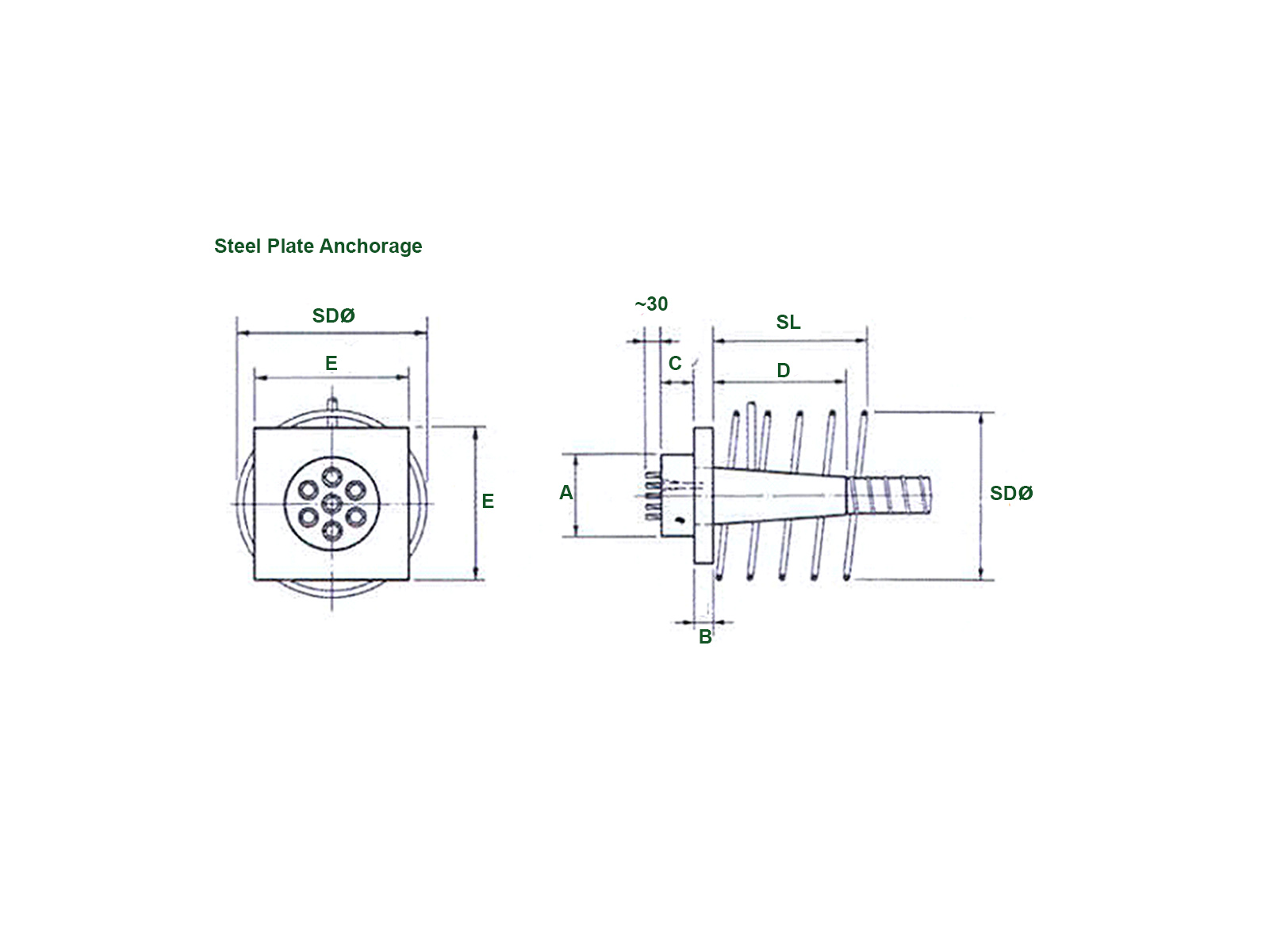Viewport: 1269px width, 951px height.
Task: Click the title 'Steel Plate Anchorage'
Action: point(317,246)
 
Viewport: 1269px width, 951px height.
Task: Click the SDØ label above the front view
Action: point(333,315)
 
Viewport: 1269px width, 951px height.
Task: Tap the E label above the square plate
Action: point(332,363)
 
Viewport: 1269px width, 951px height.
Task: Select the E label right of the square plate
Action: point(488,501)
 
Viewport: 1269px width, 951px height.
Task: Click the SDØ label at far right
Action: point(1011,493)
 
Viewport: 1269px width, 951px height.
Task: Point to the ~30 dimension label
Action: point(651,304)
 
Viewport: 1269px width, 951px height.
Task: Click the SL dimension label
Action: point(788,322)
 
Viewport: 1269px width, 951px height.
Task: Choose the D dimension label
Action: point(784,370)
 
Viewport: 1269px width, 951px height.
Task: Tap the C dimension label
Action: point(675,363)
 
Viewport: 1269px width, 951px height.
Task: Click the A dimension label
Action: point(565,492)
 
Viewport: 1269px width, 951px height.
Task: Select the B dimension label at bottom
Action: point(705,636)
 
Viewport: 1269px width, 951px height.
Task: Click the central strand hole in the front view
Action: point(332,502)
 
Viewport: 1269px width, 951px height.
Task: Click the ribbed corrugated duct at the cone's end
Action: point(890,494)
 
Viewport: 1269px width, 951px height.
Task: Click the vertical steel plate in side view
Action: point(704,495)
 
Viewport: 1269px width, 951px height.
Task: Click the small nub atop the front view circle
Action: point(333,403)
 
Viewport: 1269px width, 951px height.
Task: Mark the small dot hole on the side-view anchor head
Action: point(679,520)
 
